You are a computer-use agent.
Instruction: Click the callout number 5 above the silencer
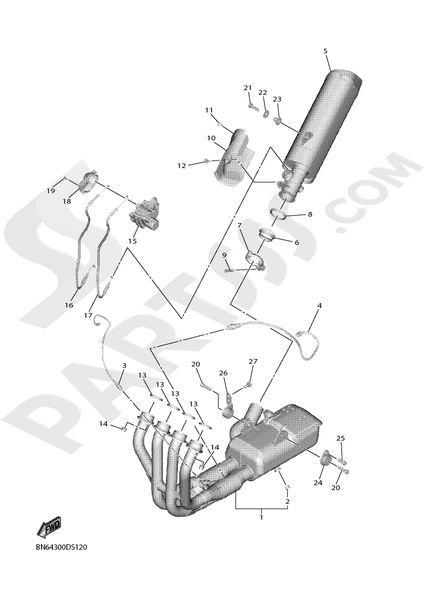325,51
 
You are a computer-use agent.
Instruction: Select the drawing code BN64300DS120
61,547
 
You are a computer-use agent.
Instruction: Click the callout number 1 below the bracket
261,517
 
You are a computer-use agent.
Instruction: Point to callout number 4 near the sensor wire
319,305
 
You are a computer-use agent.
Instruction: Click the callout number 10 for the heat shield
211,138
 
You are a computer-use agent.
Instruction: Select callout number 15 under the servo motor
132,241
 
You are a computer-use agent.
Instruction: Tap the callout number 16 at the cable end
69,305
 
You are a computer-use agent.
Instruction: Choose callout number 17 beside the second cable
88,315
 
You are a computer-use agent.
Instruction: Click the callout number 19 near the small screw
51,191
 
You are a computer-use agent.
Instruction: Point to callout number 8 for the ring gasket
310,214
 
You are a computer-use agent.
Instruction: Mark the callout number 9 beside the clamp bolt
224,255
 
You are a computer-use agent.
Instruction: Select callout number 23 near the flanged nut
277,99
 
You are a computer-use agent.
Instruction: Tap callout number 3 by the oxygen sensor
124,366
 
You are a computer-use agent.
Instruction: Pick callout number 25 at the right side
340,438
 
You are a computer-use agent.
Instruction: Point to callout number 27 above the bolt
253,361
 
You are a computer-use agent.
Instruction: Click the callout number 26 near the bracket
223,373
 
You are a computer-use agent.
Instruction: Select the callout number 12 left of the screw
182,165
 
